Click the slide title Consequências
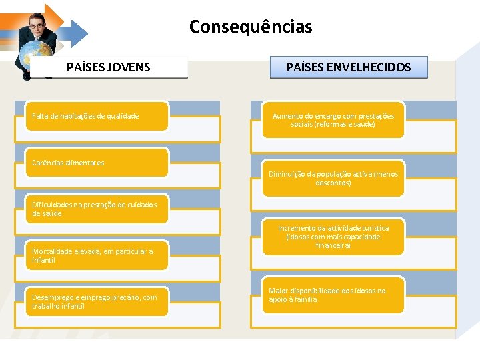250,27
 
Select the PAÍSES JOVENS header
109,67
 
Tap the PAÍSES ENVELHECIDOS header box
348,67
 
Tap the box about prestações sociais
333,120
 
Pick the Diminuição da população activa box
333,178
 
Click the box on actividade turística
333,237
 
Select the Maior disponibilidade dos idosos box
333,295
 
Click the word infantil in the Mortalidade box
43,260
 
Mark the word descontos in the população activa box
333,183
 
